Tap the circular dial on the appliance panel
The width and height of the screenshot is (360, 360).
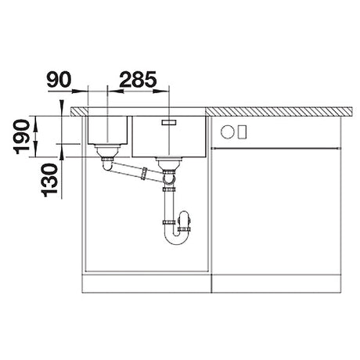click(x=228, y=130)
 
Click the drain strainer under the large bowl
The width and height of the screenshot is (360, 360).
click(x=167, y=163)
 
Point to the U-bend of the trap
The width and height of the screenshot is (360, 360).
click(x=177, y=237)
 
